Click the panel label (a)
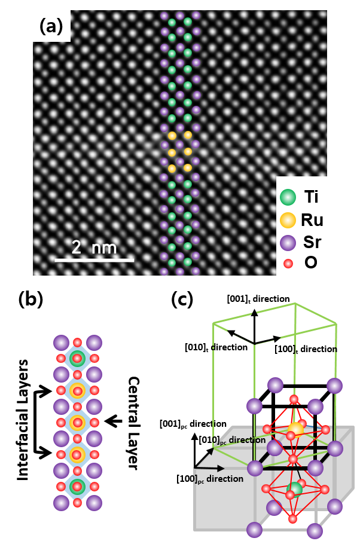point(51,26)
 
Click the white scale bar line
point(94,260)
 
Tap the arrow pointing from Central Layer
point(113,423)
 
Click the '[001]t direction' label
point(258,298)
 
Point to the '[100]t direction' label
point(305,349)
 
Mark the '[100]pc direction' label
point(209,478)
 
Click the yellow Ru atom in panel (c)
point(295,429)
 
